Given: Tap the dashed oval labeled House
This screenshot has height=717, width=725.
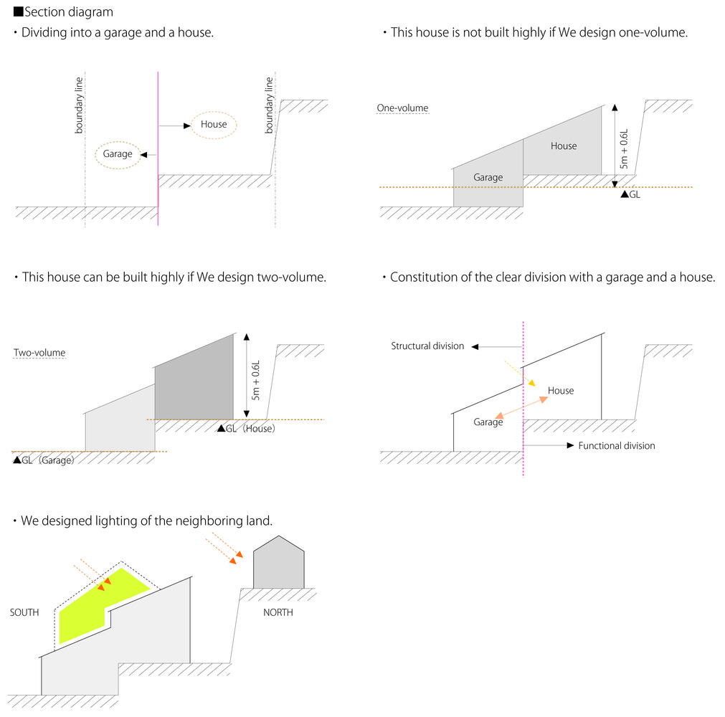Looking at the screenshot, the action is tap(214, 112).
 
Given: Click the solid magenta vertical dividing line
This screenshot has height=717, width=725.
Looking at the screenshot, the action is tap(158, 148).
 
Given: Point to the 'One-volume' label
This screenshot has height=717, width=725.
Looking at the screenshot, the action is tap(402, 108).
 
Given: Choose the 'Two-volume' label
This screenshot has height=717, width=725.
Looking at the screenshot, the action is tap(39, 353).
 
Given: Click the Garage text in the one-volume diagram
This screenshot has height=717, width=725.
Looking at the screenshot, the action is tap(488, 178).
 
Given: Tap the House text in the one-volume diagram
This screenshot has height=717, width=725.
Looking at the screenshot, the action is tap(564, 146).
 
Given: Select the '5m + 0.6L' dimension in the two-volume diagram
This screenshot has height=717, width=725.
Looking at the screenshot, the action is tap(256, 380).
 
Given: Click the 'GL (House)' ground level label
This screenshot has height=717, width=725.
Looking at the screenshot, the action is tap(247, 429).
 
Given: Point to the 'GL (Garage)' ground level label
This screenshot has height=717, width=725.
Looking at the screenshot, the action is tap(44, 460).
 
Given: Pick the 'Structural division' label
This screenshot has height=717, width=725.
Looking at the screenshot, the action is tap(427, 346).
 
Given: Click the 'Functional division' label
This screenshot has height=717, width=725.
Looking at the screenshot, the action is tap(617, 446).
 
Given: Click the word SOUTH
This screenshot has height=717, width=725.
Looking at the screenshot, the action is tap(24, 612).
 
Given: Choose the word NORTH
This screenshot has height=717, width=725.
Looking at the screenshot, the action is tap(278, 612).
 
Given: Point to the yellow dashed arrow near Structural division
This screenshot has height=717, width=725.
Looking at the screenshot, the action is tap(520, 374).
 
